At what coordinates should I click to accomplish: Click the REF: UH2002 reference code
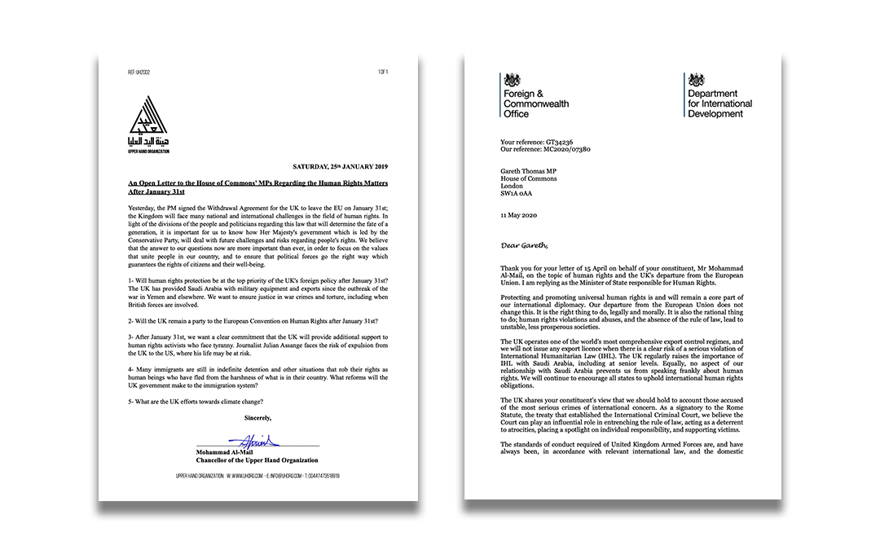pyautogui.click(x=139, y=73)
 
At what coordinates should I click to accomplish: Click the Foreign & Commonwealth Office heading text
pyautogui.click(x=536, y=104)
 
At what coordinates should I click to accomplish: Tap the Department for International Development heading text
pyautogui.click(x=719, y=104)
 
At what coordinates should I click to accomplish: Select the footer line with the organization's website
pyautogui.click(x=258, y=475)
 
